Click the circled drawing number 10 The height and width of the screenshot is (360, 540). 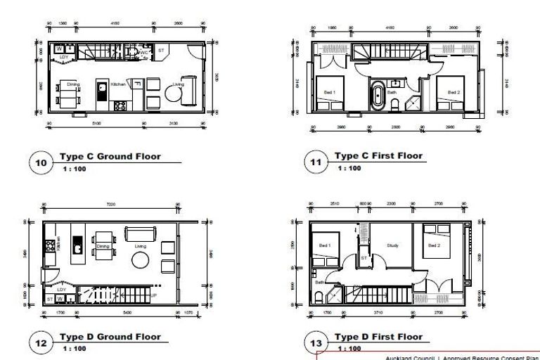(x=41, y=163)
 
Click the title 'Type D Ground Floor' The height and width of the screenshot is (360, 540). (x=110, y=337)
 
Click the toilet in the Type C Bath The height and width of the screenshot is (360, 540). (x=396, y=105)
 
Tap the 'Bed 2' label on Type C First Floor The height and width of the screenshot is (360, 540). (x=454, y=92)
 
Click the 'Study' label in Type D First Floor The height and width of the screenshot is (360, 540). (x=392, y=245)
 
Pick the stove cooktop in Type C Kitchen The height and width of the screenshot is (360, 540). (x=120, y=105)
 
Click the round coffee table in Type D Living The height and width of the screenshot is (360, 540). (x=139, y=261)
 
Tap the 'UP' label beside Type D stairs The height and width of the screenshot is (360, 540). (x=154, y=296)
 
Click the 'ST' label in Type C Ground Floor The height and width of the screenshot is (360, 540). (x=160, y=51)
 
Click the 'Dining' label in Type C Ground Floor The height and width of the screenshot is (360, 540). (x=73, y=84)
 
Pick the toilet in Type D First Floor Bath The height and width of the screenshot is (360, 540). (x=319, y=295)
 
